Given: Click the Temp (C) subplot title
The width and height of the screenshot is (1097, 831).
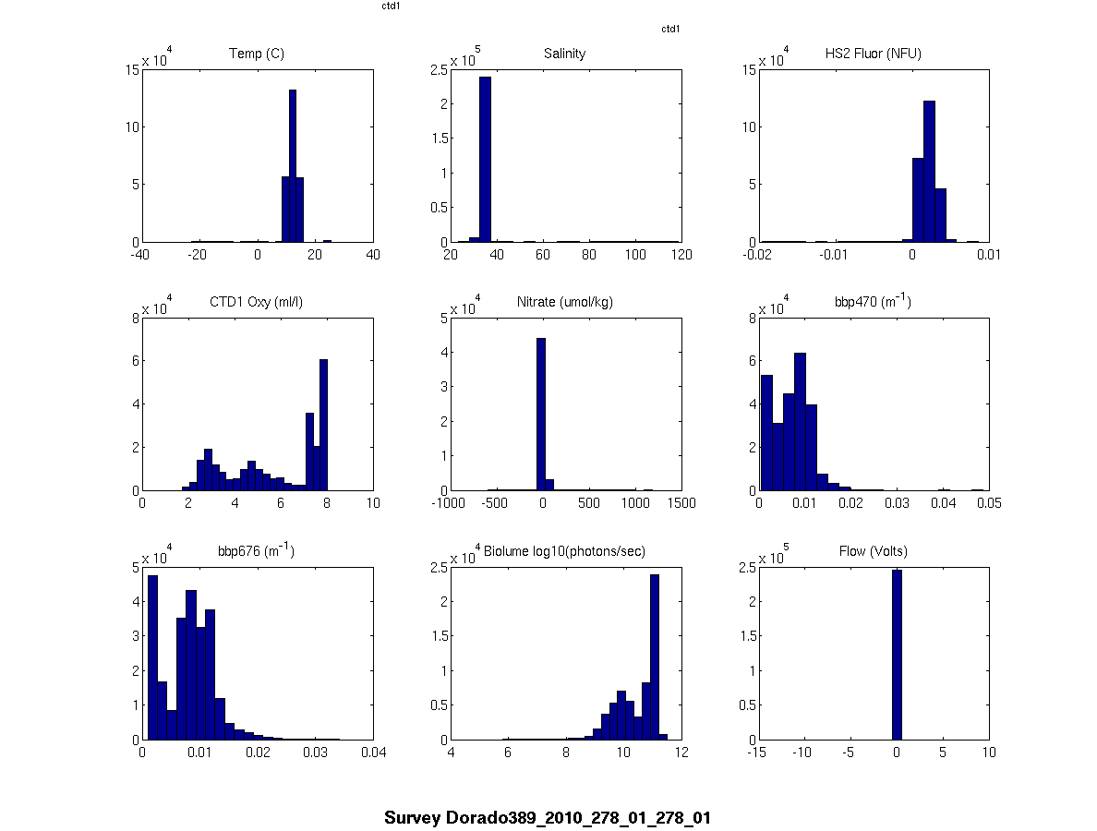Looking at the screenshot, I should [x=256, y=54].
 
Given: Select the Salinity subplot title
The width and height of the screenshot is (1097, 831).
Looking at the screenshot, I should [x=564, y=54].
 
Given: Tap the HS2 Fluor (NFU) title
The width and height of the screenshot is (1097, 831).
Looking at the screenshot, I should [x=873, y=54].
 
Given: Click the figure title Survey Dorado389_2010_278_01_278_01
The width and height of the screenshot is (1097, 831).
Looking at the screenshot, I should [x=548, y=818].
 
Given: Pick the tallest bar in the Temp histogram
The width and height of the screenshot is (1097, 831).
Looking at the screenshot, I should [x=293, y=166].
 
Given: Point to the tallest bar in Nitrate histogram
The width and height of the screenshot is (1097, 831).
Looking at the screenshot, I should [x=541, y=415].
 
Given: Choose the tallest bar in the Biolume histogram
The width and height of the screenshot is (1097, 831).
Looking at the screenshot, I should [x=655, y=656].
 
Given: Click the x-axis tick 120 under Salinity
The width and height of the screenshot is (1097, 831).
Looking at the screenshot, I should [x=681, y=256].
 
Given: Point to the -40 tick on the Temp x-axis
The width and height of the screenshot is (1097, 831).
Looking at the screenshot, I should [x=141, y=256].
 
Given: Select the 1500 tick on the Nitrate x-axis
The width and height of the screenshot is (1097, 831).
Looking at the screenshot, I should [x=681, y=504].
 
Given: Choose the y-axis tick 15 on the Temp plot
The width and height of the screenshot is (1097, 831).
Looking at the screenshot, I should [x=131, y=68].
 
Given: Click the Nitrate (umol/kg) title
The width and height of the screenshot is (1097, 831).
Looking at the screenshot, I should [x=564, y=302].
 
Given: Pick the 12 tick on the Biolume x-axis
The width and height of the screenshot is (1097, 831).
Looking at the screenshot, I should [x=681, y=753].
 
